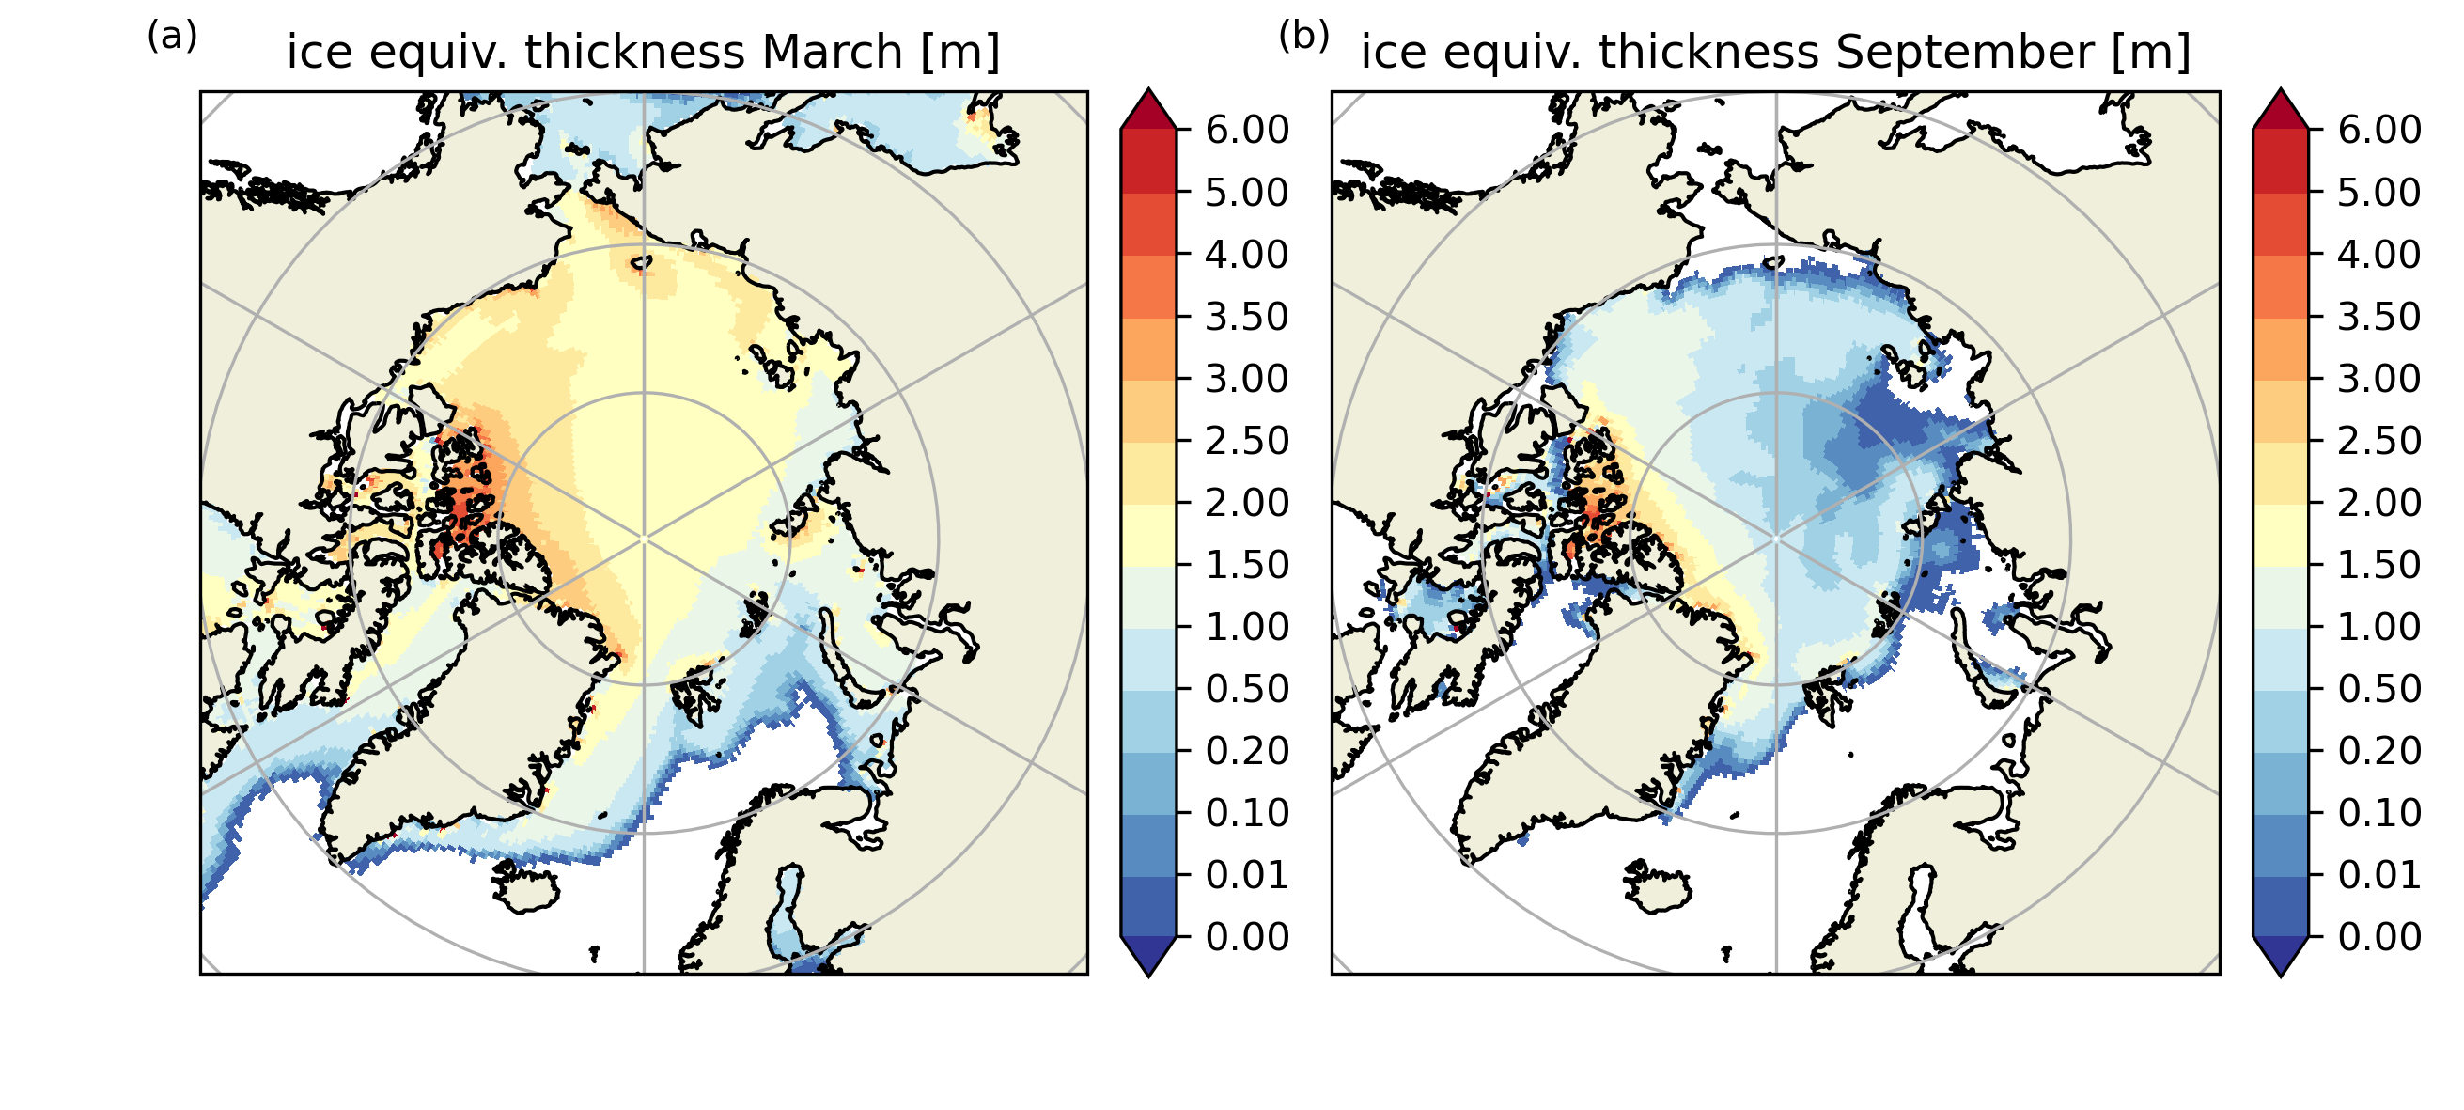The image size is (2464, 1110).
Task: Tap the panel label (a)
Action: pos(172,37)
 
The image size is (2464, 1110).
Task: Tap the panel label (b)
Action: pos(1303,37)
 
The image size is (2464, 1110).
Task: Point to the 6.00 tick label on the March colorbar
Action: pos(1246,130)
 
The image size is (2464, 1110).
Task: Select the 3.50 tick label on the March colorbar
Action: pos(1246,317)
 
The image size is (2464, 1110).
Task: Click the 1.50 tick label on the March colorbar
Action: pos(1246,565)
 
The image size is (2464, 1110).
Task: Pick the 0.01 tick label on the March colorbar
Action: pos(1246,875)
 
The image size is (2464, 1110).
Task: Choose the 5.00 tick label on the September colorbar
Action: pos(2378,193)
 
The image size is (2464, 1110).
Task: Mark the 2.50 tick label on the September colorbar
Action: pos(2378,440)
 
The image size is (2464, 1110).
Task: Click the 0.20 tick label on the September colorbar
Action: pos(2378,750)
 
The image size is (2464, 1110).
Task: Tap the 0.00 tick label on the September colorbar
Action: pos(2378,937)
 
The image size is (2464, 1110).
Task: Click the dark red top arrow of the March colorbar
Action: pos(1147,110)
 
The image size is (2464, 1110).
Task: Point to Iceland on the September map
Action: pos(1656,886)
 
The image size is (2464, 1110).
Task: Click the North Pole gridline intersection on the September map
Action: pos(1776,539)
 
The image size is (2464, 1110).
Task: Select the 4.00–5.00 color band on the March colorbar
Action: pos(1147,224)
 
